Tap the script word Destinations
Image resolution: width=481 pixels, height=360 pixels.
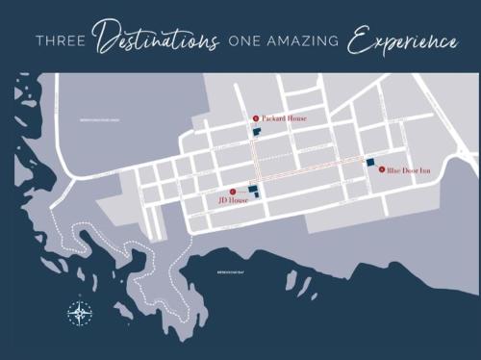[158, 40]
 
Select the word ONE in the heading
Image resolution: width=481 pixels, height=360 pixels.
[245, 42]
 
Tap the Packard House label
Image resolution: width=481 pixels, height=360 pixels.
[284, 118]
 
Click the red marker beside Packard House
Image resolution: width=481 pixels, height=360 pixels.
[256, 118]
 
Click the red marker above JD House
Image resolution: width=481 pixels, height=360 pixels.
[230, 190]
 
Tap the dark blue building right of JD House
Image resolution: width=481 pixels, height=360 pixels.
[253, 191]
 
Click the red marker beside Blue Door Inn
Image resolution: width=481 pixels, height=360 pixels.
[382, 168]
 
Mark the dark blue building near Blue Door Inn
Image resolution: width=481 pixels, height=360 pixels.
[368, 162]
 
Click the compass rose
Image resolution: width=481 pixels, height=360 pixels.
[80, 313]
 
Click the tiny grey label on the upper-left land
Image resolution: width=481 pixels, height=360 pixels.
[96, 122]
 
